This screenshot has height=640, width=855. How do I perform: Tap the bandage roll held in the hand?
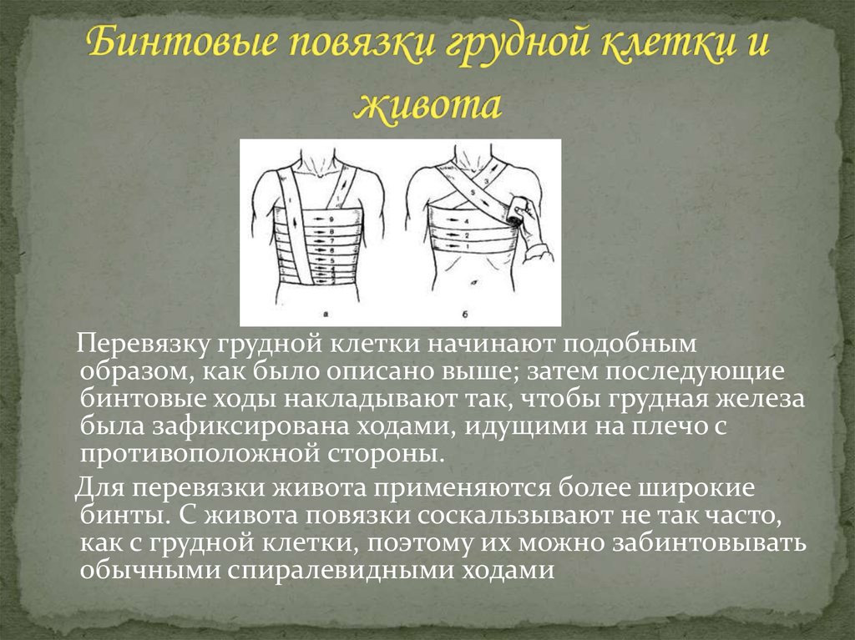coord(519,211)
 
